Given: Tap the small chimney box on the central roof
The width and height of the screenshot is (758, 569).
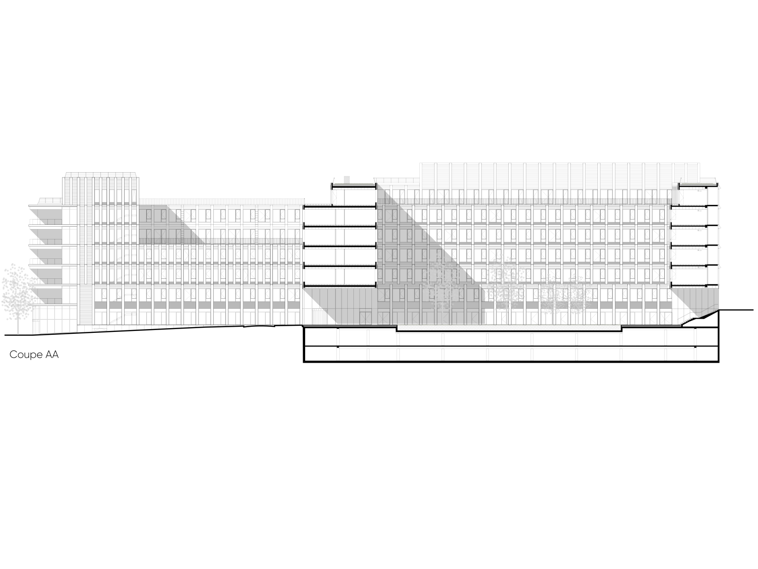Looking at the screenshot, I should click(346, 179).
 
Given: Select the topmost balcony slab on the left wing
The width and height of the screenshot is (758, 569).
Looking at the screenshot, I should click(45, 206).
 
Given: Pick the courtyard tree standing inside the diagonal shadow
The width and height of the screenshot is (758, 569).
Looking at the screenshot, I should click(441, 289).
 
